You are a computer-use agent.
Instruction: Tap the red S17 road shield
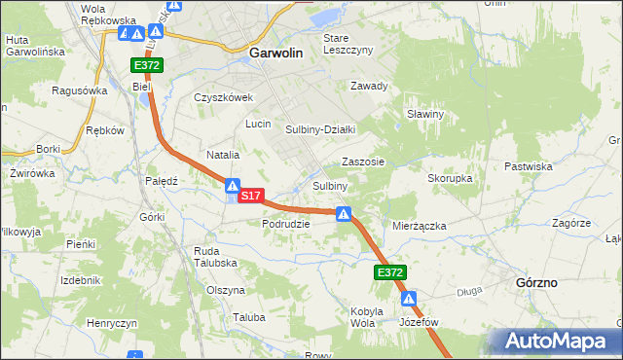(x=250, y=196)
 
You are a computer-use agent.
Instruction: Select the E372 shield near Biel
(x=148, y=65)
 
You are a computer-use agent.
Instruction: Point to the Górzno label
(x=535, y=282)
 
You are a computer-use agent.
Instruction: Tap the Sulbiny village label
(x=330, y=186)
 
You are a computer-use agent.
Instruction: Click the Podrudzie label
(x=285, y=223)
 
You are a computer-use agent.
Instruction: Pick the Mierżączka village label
(x=419, y=225)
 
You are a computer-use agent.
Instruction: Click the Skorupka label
(x=450, y=179)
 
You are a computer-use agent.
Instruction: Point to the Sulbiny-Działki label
(x=320, y=129)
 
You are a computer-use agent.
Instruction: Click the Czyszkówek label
(x=223, y=97)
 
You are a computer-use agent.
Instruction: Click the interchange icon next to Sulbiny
(x=344, y=214)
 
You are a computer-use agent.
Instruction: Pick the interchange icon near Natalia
(x=233, y=185)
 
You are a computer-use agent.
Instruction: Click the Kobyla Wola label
(x=362, y=316)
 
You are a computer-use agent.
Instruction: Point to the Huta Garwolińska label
(x=34, y=45)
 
